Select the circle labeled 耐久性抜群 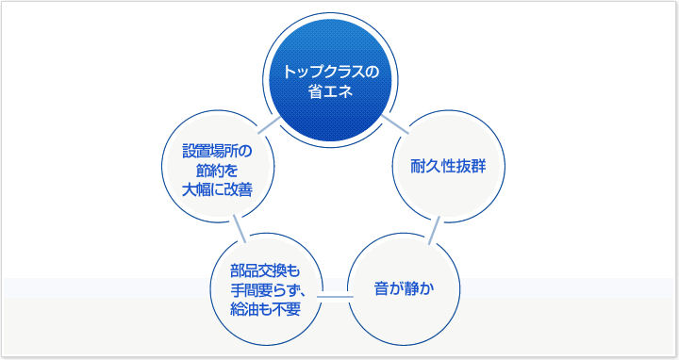(x=446, y=169)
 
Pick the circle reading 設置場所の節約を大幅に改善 (x=218, y=170)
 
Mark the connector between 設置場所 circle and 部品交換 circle (x=240, y=226)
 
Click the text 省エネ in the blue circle (x=324, y=92)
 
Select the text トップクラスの (x=324, y=73)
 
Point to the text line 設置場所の (x=218, y=151)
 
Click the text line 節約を (x=218, y=170)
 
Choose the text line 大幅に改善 (x=218, y=188)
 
